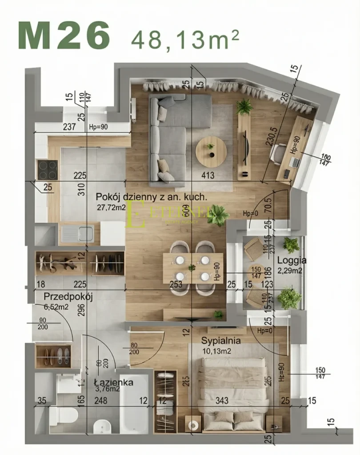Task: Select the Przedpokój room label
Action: click(x=68, y=297)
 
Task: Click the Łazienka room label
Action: click(x=114, y=382)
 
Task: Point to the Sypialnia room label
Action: click(x=221, y=341)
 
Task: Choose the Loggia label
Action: click(x=292, y=260)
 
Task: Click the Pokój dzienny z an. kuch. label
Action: click(x=152, y=197)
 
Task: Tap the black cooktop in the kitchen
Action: click(x=47, y=169)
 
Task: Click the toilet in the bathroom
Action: click(x=63, y=415)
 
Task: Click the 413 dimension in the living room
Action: click(x=208, y=176)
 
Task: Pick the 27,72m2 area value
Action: click(x=111, y=207)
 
